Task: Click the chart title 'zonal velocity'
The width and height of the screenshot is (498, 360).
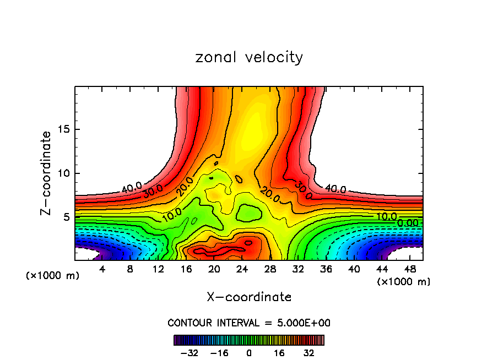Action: (249, 58)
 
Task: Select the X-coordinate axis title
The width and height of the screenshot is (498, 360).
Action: (249, 297)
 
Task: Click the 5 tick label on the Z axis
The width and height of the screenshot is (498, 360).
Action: (65, 217)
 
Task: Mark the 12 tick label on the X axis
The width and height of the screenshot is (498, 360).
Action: (159, 269)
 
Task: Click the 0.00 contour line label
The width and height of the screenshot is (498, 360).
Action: (408, 223)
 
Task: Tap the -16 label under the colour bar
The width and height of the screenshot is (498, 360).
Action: (219, 353)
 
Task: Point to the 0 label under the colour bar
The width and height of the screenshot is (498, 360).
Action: (249, 353)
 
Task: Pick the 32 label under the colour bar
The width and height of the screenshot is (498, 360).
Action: (308, 353)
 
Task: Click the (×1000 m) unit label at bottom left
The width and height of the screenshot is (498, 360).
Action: (53, 276)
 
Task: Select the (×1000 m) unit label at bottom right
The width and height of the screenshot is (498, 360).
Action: (404, 282)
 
